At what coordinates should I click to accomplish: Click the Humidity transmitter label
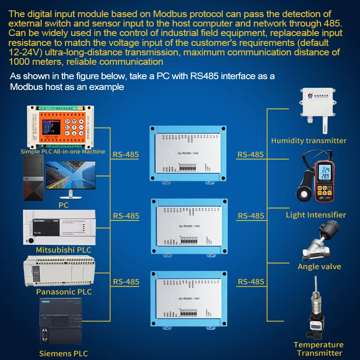309,141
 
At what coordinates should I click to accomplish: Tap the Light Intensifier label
316,215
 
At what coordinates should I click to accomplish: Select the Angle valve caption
319,266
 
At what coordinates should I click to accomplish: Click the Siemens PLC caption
63,353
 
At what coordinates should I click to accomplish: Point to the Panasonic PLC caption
64,292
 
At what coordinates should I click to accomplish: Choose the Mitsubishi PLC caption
63,250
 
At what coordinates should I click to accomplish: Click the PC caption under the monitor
63,205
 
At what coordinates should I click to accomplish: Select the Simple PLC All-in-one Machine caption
63,152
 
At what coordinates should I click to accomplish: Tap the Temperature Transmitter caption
318,349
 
